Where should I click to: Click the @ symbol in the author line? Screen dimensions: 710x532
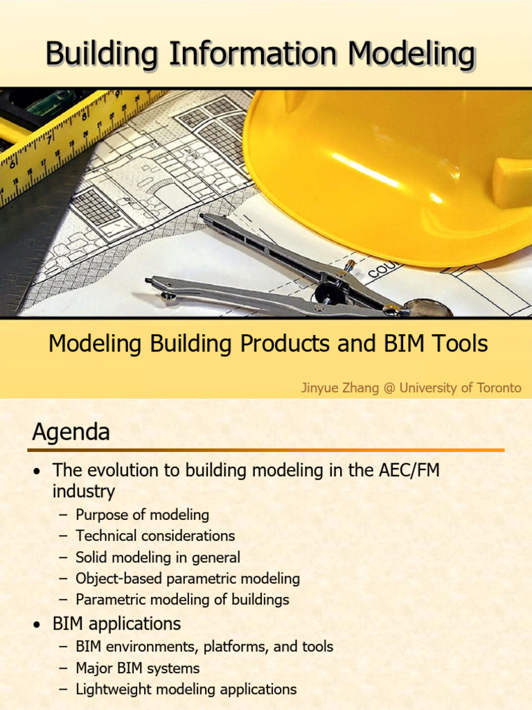[x=389, y=388]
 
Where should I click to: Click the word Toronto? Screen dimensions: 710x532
[x=498, y=388]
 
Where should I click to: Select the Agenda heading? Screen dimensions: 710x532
[x=71, y=433]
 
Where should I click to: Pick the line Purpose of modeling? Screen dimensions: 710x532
[x=142, y=514]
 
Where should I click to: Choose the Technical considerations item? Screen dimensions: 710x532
[x=155, y=536]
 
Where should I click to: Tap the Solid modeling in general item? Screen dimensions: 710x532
[x=158, y=557]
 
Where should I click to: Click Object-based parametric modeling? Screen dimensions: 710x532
[x=188, y=578]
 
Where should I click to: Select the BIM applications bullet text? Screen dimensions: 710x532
[x=116, y=623]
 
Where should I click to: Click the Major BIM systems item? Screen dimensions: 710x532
[x=137, y=668]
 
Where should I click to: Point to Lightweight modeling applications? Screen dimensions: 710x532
[x=186, y=689]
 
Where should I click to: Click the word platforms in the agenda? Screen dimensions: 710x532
[x=236, y=647]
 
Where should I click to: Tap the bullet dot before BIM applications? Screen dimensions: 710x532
[x=37, y=625]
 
